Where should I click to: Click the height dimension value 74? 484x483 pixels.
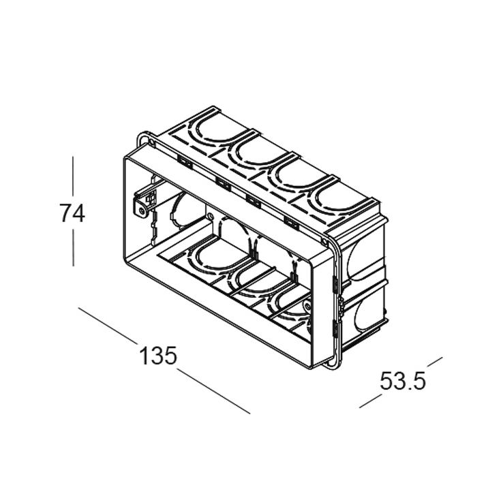pos(72,213)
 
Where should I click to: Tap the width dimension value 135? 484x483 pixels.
pos(157,356)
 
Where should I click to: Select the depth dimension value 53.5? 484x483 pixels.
pos(403,381)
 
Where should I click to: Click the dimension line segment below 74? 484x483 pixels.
pos(72,249)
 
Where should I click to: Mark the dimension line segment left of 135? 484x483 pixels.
pos(108,326)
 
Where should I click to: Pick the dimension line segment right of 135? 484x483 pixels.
pos(213,391)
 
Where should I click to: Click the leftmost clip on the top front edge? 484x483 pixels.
pos(184,161)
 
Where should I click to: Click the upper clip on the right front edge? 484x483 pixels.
pos(334,286)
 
